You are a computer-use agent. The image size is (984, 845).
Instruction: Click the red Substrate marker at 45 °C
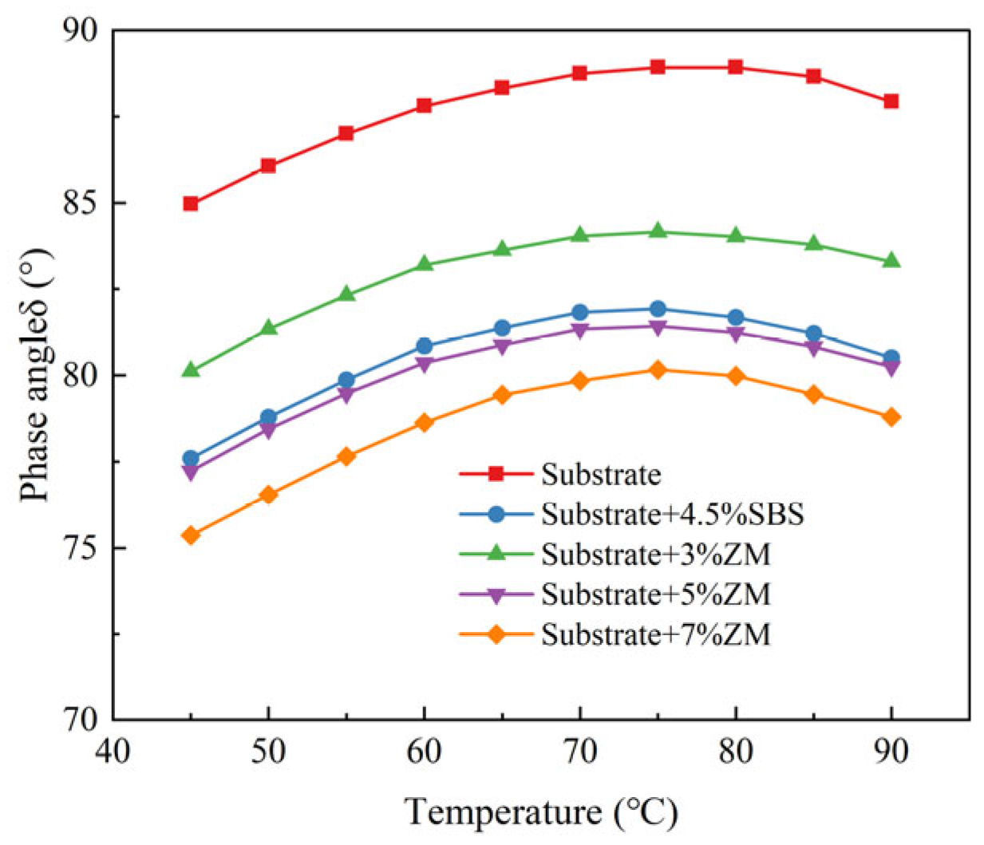[191, 203]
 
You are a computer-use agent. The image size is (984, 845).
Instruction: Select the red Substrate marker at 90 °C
[891, 101]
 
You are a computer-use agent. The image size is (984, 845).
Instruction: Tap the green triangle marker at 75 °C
[658, 231]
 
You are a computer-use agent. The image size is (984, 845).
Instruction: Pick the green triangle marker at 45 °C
[191, 369]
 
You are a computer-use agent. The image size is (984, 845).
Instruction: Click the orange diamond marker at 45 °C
[191, 535]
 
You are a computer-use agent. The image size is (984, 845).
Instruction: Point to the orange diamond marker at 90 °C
[891, 417]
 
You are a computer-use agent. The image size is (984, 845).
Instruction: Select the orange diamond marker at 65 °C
[502, 394]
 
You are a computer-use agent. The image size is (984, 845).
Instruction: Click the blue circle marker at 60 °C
[424, 346]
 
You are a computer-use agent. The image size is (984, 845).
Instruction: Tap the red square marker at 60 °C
[424, 105]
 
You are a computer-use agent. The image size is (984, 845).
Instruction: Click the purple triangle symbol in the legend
[496, 595]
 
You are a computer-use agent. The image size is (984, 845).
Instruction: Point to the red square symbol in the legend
[496, 474]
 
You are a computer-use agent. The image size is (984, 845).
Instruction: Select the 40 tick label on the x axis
[113, 752]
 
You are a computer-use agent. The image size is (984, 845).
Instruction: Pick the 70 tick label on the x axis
[580, 752]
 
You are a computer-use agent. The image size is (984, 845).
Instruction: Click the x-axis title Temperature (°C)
[542, 812]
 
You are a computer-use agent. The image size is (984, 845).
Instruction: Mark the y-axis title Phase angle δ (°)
[36, 375]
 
